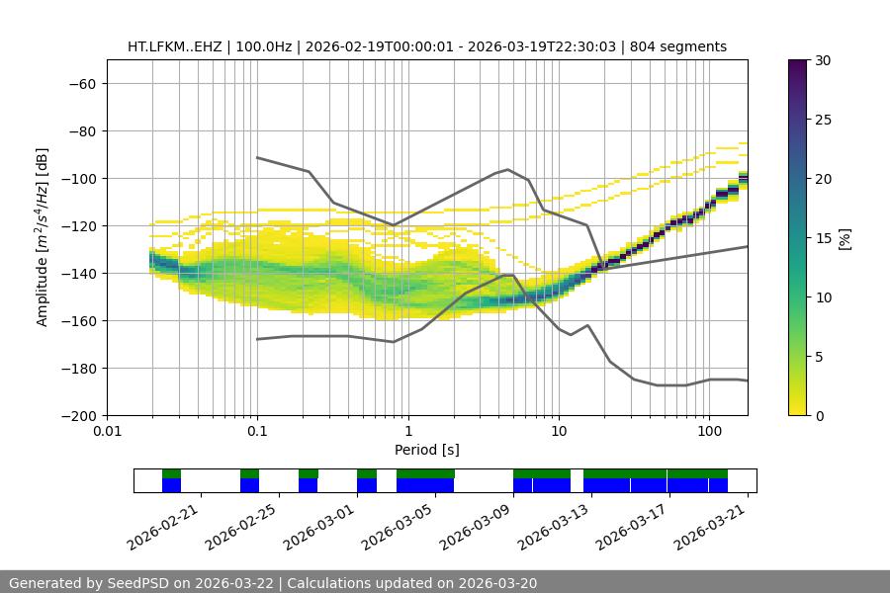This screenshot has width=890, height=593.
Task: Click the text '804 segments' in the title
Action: (683, 46)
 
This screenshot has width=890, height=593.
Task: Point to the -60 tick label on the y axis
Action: (82, 84)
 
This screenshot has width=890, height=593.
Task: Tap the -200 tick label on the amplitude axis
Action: (78, 416)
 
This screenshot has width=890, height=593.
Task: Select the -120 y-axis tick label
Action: (78, 226)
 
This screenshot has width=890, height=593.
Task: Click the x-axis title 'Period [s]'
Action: (427, 450)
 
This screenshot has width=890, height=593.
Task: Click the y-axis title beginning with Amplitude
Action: (42, 237)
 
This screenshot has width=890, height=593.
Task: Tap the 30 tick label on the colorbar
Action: (821, 60)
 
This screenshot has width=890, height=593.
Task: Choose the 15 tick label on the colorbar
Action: (821, 238)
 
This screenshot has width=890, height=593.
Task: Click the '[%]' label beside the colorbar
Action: (844, 238)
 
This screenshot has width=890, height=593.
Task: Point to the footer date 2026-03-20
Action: (496, 583)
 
